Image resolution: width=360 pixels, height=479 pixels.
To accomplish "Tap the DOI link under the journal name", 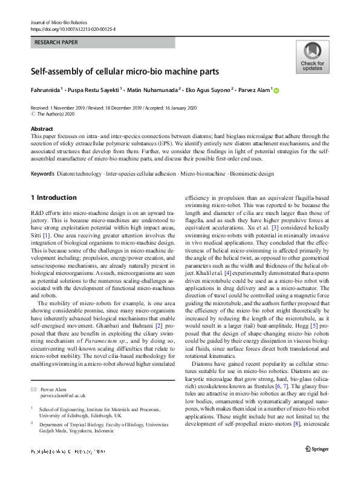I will (x=73, y=29).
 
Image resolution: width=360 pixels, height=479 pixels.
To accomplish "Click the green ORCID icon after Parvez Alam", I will (x=277, y=90).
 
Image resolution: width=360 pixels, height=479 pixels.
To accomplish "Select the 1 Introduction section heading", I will (x=53, y=197).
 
